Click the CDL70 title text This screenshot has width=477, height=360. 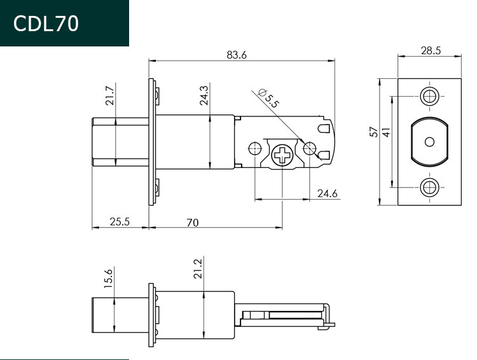point(46,24)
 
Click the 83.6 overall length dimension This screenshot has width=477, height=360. point(237,55)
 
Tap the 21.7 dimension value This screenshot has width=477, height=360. point(109,96)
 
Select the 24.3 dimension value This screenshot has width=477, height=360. point(204,95)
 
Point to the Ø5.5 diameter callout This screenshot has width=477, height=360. point(268,98)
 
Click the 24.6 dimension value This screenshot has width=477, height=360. point(328,193)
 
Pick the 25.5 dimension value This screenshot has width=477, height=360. point(120,221)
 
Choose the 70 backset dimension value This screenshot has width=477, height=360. point(193,223)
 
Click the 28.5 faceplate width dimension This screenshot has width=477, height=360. point(431,50)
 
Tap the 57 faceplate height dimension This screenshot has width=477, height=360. point(374,132)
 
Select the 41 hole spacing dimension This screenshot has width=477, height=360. point(386,132)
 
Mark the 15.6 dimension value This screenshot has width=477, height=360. point(108,279)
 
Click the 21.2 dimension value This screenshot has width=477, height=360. point(197,268)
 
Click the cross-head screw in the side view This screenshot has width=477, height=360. point(282,155)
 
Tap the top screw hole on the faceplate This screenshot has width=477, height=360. point(429,96)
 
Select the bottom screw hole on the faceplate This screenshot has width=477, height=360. point(429,188)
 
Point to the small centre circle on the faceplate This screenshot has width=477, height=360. point(429,142)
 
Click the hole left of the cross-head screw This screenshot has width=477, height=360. point(255,148)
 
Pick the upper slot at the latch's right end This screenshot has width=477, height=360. point(324,128)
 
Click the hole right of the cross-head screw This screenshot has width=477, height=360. point(310,148)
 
